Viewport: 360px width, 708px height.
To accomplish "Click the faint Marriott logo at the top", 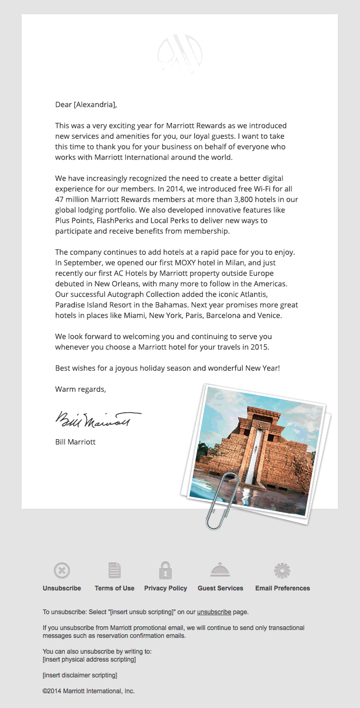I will tap(180, 53).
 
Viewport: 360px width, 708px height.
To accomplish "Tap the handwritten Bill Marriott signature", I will tap(98, 420).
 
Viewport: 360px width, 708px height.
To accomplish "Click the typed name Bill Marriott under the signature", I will tap(75, 442).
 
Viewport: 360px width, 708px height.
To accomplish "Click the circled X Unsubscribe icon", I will tap(62, 570).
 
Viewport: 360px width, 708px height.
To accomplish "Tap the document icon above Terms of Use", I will tap(114, 570).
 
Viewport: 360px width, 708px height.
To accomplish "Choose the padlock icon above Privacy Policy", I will tap(166, 570).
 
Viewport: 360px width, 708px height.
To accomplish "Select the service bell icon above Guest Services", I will tap(220, 570).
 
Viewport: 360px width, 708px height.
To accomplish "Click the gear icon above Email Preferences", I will tap(282, 570).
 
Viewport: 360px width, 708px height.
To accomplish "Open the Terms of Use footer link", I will tap(114, 588).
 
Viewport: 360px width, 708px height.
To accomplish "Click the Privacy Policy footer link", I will tap(166, 588).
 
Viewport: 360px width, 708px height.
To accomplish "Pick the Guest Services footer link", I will tap(220, 588).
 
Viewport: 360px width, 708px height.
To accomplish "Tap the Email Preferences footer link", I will tap(283, 588).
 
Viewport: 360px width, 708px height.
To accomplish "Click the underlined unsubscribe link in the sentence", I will tap(214, 612).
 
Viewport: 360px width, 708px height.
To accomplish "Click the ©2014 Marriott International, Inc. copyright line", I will tap(89, 691).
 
